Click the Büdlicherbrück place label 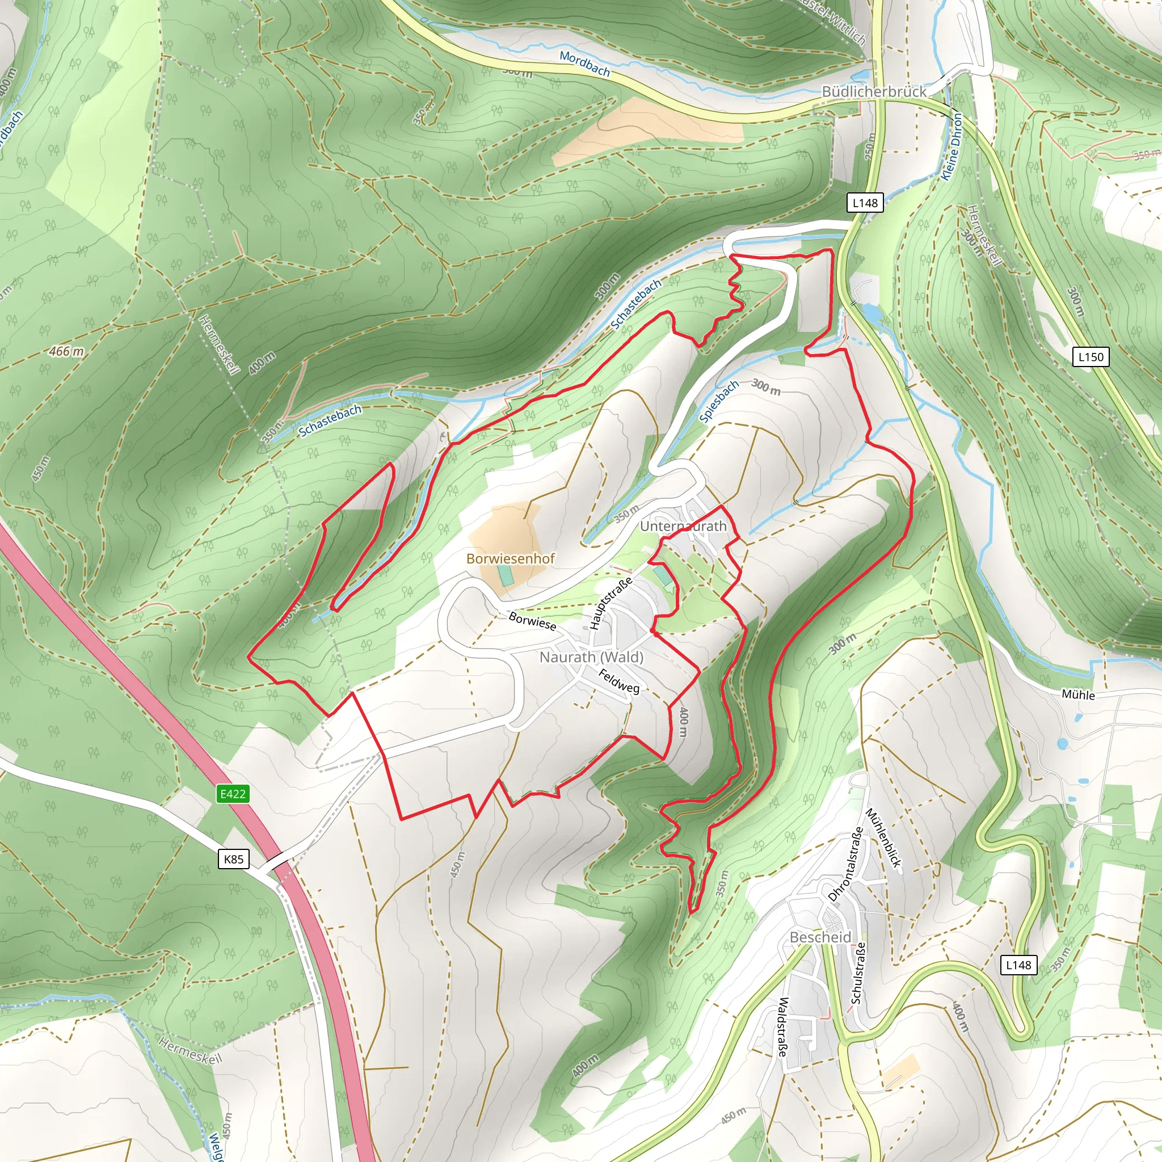pos(874,91)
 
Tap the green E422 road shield pos(233,794)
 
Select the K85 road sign pos(233,859)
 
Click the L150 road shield pos(1091,357)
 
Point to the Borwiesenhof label pos(511,558)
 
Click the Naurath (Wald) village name pos(591,657)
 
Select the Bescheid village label pos(820,937)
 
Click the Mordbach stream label pos(584,64)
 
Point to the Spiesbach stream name pos(719,402)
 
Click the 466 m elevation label pos(66,351)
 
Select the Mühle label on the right pos(1078,694)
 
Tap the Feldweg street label pos(619,681)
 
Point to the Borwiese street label pos(532,620)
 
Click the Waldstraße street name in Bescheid pos(782,1026)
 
